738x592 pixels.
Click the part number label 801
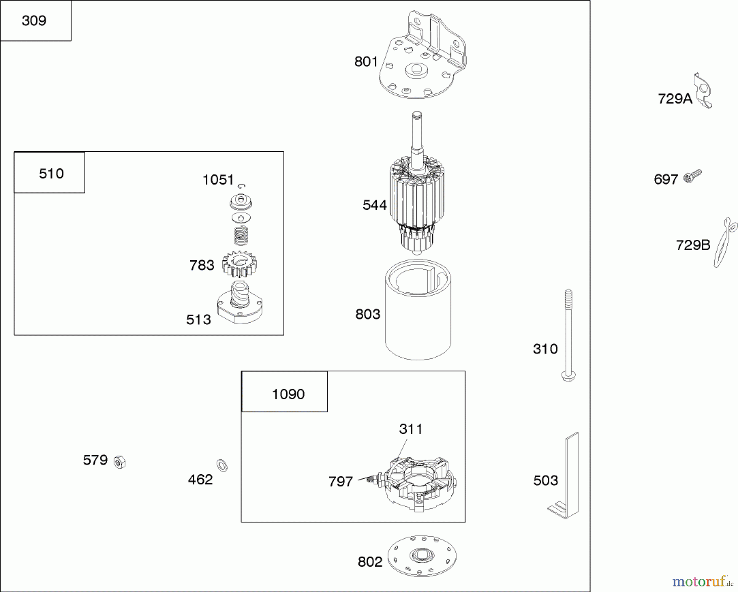coord(366,62)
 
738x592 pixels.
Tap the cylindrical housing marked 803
coord(418,312)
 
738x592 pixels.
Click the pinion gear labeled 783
coord(240,264)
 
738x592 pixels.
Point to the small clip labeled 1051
coord(242,186)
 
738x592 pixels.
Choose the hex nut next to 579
coord(119,462)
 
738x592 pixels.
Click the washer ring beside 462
coord(222,465)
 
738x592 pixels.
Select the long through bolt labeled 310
coord(568,336)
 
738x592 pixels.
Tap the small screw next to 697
coord(692,177)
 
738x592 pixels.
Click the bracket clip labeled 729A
coord(703,91)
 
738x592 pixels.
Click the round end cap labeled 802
coord(421,556)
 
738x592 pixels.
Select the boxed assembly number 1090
coord(288,394)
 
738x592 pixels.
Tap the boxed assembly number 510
coord(51,173)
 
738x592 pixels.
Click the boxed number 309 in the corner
coord(34,20)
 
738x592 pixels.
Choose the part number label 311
coord(410,429)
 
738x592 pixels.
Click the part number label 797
coord(340,481)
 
